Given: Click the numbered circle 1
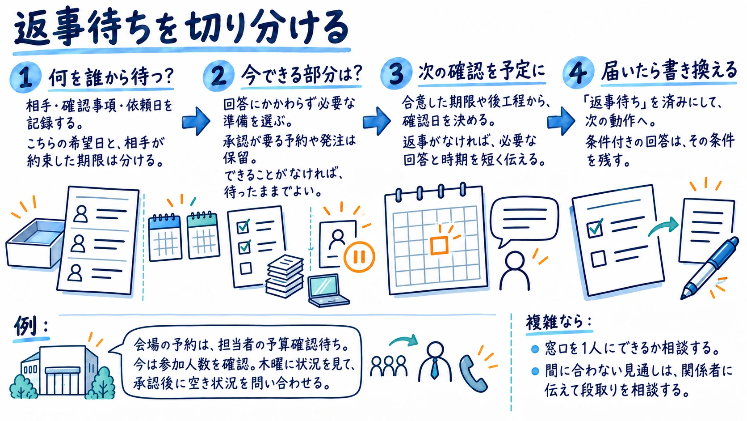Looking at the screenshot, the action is tap(25, 77).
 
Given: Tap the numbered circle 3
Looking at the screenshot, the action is tap(397, 73).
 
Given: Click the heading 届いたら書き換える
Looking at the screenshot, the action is tap(669, 70).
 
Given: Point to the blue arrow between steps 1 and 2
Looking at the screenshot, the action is tap(196, 121).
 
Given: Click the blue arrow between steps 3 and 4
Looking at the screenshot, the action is tap(561, 121).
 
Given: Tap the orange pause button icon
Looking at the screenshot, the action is tap(359, 257).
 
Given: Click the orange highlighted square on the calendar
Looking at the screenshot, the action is tap(439, 245).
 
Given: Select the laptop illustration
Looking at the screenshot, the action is tap(328, 290).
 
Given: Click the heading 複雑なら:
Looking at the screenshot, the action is tap(559, 322).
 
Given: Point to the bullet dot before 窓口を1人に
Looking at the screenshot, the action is tap(535, 349).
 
